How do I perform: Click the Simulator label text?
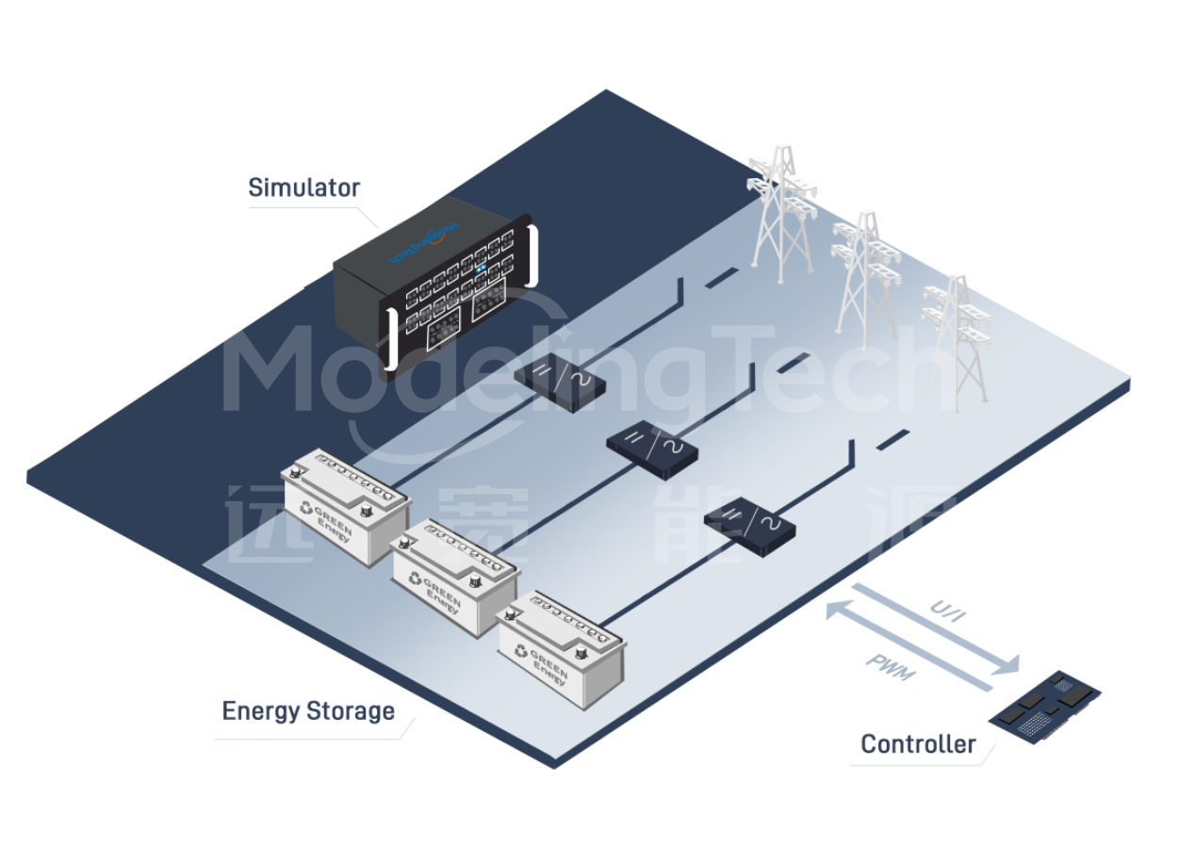(x=303, y=188)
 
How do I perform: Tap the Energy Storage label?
(x=308, y=710)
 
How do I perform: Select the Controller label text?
(x=918, y=744)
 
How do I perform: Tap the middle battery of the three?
(x=454, y=576)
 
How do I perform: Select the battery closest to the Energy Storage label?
(x=562, y=647)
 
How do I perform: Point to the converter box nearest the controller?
(x=749, y=526)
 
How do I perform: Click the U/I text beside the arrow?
(x=948, y=612)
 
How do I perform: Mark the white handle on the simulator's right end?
(x=533, y=254)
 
